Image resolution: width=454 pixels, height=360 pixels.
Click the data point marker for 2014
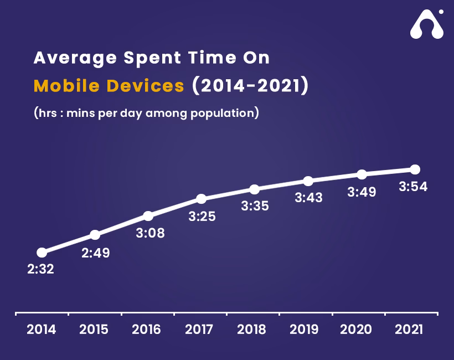(42, 252)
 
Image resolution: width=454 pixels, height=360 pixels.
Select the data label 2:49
(96, 253)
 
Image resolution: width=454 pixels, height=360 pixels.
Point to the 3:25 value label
(202, 217)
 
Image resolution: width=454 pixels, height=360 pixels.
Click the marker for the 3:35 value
(254, 189)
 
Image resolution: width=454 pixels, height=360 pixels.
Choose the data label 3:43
(308, 197)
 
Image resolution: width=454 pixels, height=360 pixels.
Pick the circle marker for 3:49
(362, 174)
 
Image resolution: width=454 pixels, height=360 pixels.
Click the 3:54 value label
(413, 187)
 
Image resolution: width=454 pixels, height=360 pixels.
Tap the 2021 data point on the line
(415, 169)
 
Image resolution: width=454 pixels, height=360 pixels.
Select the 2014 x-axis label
(42, 330)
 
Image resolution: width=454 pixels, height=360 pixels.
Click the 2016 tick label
(146, 330)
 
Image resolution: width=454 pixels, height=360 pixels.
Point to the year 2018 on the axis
(251, 330)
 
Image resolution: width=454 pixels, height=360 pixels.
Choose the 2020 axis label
(356, 330)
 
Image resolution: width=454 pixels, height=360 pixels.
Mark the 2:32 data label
(40, 270)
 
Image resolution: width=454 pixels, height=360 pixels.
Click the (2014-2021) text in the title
(249, 86)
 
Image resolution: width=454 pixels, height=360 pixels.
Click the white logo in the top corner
(426, 25)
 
